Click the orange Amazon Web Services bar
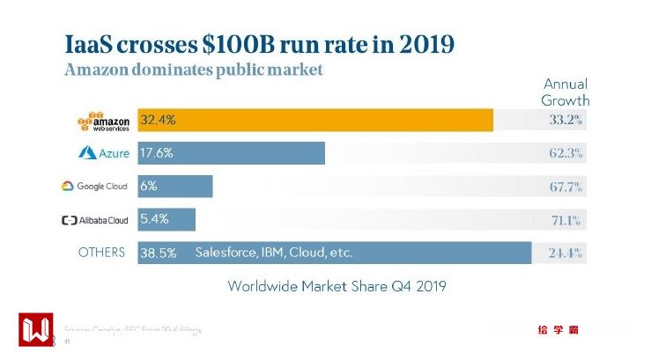[x=315, y=120]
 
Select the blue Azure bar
[x=232, y=153]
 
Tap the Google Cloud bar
[x=175, y=186]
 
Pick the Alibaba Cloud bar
[x=166, y=219]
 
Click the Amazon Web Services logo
[x=104, y=120]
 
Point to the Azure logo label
[x=104, y=153]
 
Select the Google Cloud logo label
[x=94, y=187]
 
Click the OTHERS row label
[x=101, y=253]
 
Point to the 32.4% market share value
[x=159, y=120]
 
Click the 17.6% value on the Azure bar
[x=157, y=153]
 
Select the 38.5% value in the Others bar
[x=159, y=253]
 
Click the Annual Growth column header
[x=565, y=92]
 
